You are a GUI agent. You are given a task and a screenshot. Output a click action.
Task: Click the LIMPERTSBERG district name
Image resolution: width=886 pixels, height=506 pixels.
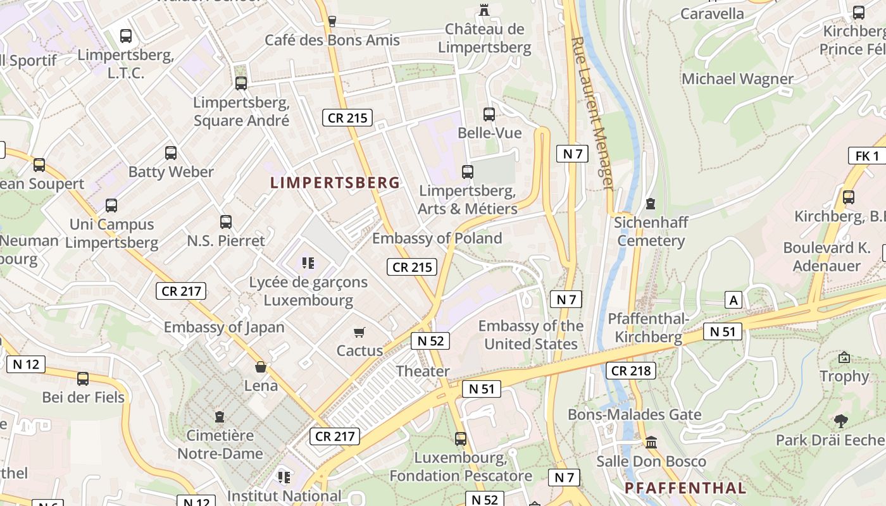point(335,183)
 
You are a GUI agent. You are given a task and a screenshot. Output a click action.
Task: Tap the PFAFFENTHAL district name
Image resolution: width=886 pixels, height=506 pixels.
point(685,488)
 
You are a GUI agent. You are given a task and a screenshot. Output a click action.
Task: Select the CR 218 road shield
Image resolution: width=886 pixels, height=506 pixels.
point(630,371)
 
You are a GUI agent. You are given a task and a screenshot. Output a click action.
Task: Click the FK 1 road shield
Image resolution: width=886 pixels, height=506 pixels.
point(866,156)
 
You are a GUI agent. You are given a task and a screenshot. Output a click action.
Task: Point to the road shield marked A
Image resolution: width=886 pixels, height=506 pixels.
point(733,300)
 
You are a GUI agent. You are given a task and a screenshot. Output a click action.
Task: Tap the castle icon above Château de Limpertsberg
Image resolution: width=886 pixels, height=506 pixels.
point(485,9)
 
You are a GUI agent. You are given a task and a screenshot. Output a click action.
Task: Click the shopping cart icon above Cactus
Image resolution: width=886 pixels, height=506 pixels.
point(359,332)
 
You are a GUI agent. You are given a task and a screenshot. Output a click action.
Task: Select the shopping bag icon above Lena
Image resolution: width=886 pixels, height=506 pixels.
point(261,367)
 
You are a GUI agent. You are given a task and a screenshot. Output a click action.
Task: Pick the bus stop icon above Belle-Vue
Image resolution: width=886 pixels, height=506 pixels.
point(489,114)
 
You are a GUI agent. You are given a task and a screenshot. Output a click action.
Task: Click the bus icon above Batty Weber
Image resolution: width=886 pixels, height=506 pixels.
point(171,152)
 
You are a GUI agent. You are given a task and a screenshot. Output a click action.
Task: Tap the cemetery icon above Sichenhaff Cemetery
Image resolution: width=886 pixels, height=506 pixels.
point(650,204)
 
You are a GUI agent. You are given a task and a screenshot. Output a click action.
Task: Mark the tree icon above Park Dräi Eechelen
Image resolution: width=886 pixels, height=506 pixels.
point(840,421)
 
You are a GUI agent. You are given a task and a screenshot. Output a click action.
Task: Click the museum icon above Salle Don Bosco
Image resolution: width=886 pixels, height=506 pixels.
point(651,442)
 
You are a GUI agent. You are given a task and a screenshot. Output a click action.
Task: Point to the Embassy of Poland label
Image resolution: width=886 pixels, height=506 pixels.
point(437,238)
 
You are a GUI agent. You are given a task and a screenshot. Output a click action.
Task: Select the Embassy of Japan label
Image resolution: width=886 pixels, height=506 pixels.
point(224,327)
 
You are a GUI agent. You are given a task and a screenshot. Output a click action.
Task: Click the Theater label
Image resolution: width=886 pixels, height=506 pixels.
point(423,371)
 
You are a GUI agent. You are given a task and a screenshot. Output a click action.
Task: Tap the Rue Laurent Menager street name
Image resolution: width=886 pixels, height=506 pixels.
point(592,114)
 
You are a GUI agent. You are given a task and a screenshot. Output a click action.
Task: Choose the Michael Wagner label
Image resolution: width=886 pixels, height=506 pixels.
point(737,79)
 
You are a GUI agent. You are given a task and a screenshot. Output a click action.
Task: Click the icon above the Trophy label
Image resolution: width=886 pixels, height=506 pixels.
point(844,357)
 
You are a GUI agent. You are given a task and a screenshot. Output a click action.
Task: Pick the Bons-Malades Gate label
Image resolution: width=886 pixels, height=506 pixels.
point(635,415)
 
